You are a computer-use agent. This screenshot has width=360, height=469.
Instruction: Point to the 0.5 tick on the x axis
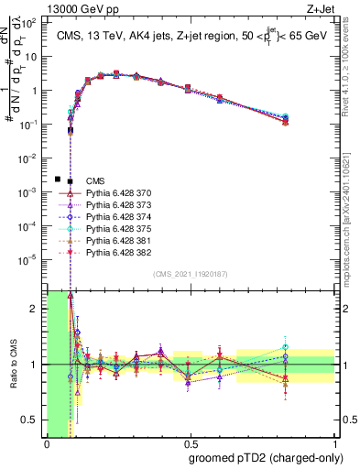[191, 444]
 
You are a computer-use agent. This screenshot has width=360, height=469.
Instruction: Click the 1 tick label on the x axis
[336, 444]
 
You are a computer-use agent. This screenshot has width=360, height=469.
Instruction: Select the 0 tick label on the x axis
[47, 444]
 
